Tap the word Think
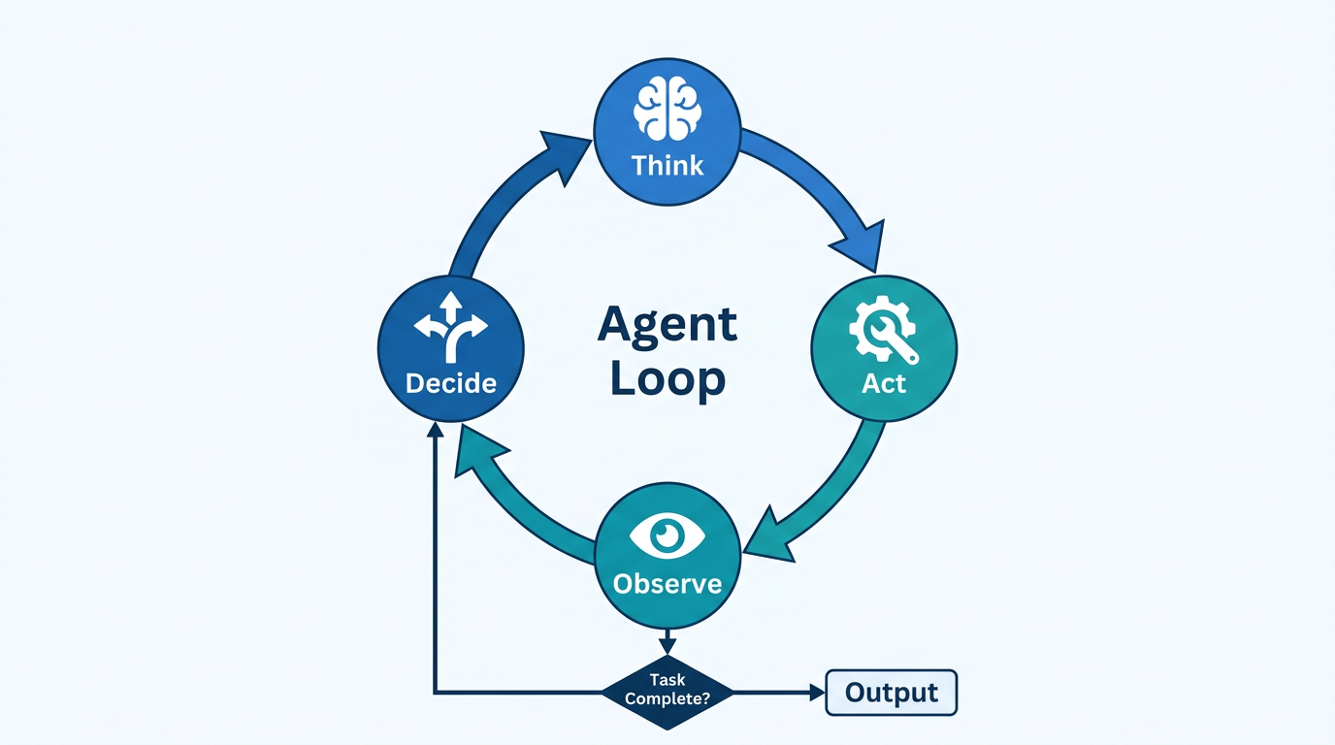(x=667, y=165)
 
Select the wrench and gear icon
(x=883, y=329)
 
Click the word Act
(x=883, y=383)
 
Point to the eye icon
(x=667, y=534)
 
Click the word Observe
(x=667, y=584)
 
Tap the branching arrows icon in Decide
(x=450, y=329)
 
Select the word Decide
(x=450, y=383)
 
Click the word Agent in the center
(x=667, y=324)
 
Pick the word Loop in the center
(x=667, y=378)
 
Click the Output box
(x=891, y=693)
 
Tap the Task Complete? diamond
(x=667, y=691)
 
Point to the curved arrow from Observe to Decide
(x=514, y=495)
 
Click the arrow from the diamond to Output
(x=776, y=693)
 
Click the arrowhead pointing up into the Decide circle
(x=436, y=436)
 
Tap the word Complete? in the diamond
(x=667, y=698)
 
